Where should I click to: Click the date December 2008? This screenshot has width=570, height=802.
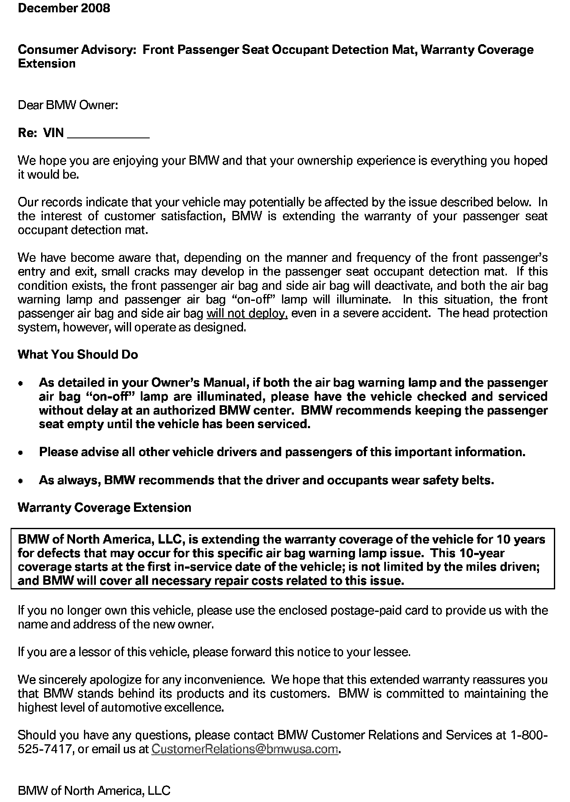pos(64,8)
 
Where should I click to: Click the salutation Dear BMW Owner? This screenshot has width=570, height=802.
pos(68,105)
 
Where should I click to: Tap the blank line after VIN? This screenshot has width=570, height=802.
pos(109,135)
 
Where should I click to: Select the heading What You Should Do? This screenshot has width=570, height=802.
pos(78,355)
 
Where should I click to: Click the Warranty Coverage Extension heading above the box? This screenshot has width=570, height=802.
pos(104,508)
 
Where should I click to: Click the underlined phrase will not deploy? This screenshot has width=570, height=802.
pos(247,314)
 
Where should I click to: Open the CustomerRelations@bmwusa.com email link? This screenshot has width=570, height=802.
pos(245,749)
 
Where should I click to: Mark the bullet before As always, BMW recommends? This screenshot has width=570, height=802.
pos(21,481)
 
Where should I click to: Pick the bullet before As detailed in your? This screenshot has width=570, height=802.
pos(21,384)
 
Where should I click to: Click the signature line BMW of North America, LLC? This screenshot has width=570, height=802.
pos(94,791)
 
